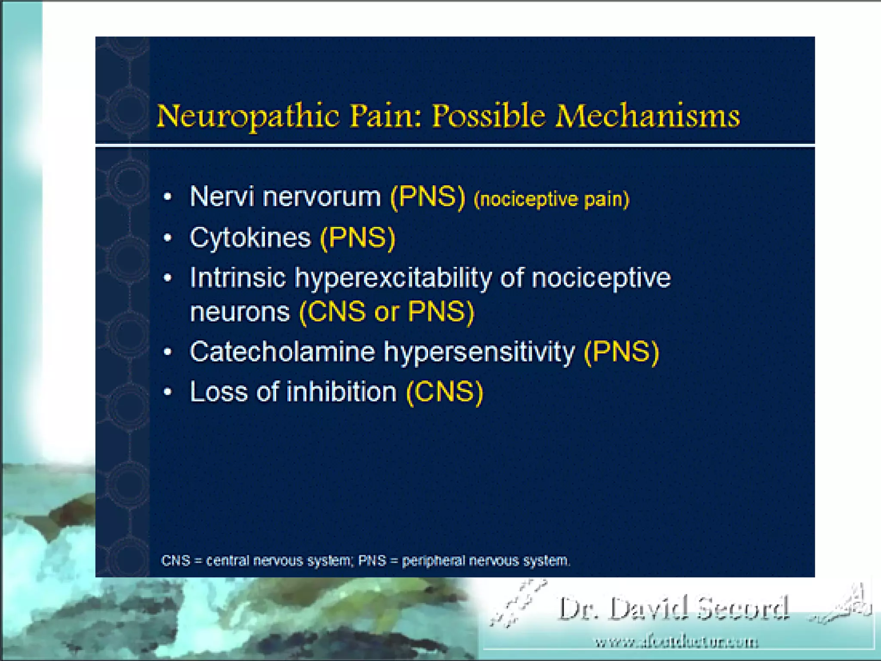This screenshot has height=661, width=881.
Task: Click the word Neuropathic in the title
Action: pyautogui.click(x=248, y=116)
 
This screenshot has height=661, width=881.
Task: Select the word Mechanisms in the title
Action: pyautogui.click(x=647, y=116)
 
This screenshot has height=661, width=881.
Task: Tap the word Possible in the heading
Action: pyautogui.click(x=488, y=116)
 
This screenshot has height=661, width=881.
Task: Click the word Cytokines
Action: pyautogui.click(x=250, y=238)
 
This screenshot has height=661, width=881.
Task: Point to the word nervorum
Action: pyautogui.click(x=322, y=197)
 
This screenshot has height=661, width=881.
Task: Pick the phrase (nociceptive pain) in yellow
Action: pyautogui.click(x=551, y=199)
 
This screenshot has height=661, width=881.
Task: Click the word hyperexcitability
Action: pyautogui.click(x=393, y=278)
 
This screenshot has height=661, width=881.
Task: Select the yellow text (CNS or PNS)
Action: pyautogui.click(x=386, y=312)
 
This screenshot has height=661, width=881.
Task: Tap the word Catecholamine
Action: pyautogui.click(x=282, y=352)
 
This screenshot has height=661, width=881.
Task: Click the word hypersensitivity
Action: pyautogui.click(x=479, y=352)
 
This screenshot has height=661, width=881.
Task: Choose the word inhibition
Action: pyautogui.click(x=342, y=392)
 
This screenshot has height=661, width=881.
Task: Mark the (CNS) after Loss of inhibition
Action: pyautogui.click(x=445, y=392)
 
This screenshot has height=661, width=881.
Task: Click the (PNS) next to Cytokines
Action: pyautogui.click(x=357, y=238)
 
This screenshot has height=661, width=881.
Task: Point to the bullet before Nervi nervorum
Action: pyautogui.click(x=168, y=197)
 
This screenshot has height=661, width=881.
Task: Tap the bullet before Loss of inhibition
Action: pyautogui.click(x=168, y=392)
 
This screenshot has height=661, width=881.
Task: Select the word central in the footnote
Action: pyautogui.click(x=227, y=561)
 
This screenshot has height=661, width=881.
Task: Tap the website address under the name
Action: pyautogui.click(x=676, y=642)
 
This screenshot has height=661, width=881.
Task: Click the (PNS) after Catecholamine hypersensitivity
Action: pyautogui.click(x=621, y=352)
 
